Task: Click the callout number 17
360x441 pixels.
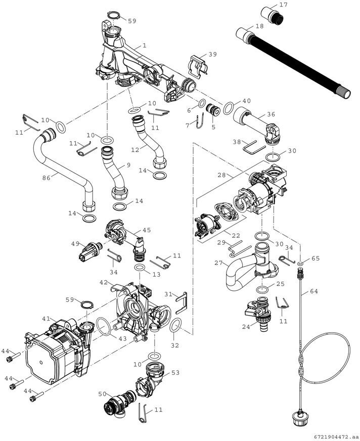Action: [x=284, y=5]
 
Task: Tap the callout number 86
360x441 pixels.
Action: [x=47, y=178]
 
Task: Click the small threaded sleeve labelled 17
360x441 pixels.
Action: [x=272, y=15]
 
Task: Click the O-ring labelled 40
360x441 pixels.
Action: [x=229, y=108]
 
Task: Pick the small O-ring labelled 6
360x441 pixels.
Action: [x=202, y=103]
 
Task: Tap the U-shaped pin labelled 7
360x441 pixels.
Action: [x=200, y=122]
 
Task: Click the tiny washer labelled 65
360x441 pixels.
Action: [x=300, y=264]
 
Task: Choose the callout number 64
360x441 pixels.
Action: [x=314, y=291]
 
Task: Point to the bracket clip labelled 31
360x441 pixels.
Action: [x=182, y=302]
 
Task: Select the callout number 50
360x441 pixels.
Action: [x=102, y=394]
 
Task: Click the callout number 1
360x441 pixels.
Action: [x=144, y=46]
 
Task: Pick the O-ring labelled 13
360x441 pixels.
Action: [x=140, y=267]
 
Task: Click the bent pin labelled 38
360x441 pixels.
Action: [x=253, y=147]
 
